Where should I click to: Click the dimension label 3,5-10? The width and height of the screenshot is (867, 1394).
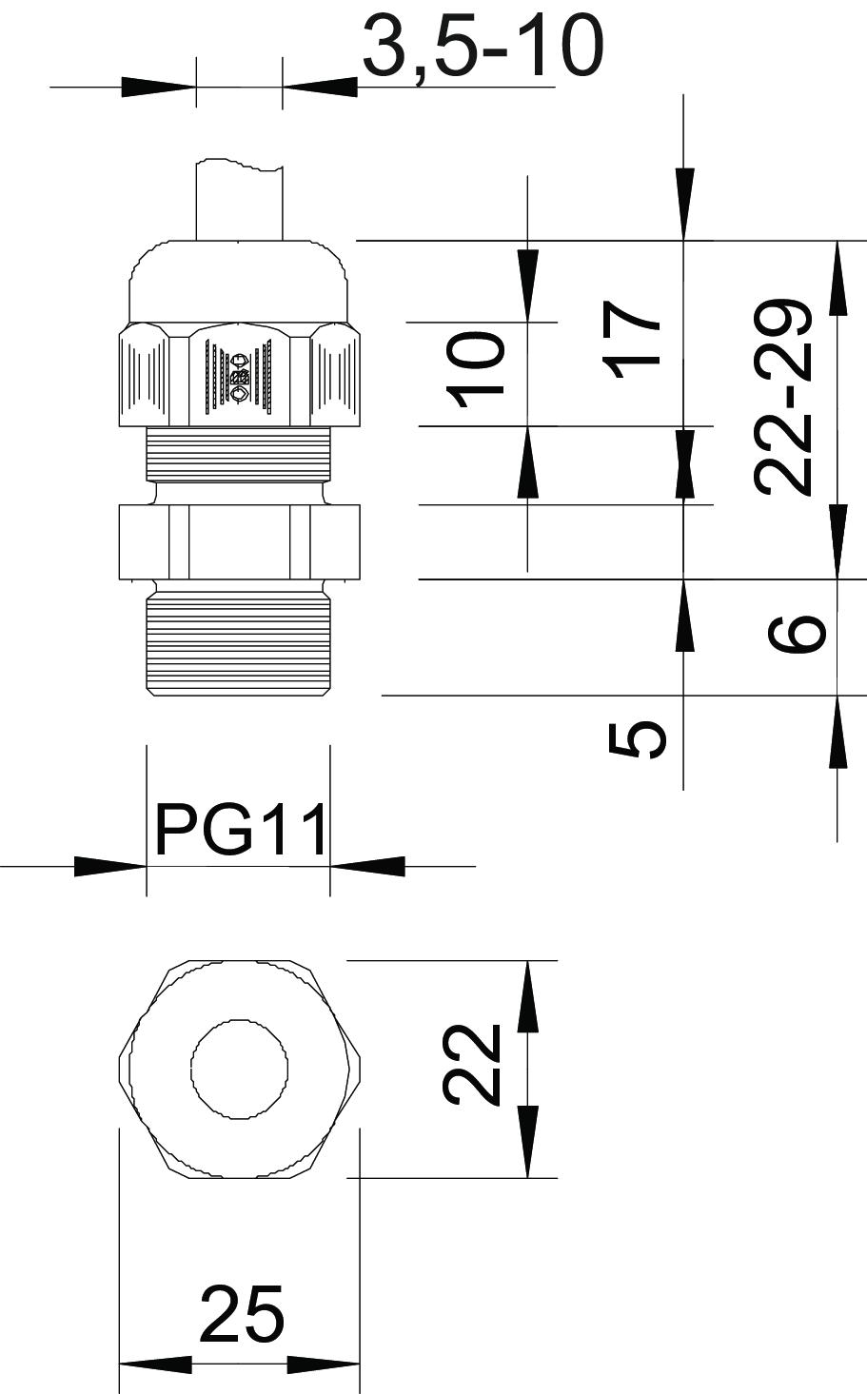(x=483, y=48)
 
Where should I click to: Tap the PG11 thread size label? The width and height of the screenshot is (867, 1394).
(x=241, y=830)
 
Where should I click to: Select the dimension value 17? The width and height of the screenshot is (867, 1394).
(x=634, y=341)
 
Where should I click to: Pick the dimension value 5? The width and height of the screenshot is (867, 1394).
(x=638, y=740)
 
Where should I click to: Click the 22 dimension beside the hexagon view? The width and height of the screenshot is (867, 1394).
(x=471, y=1065)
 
